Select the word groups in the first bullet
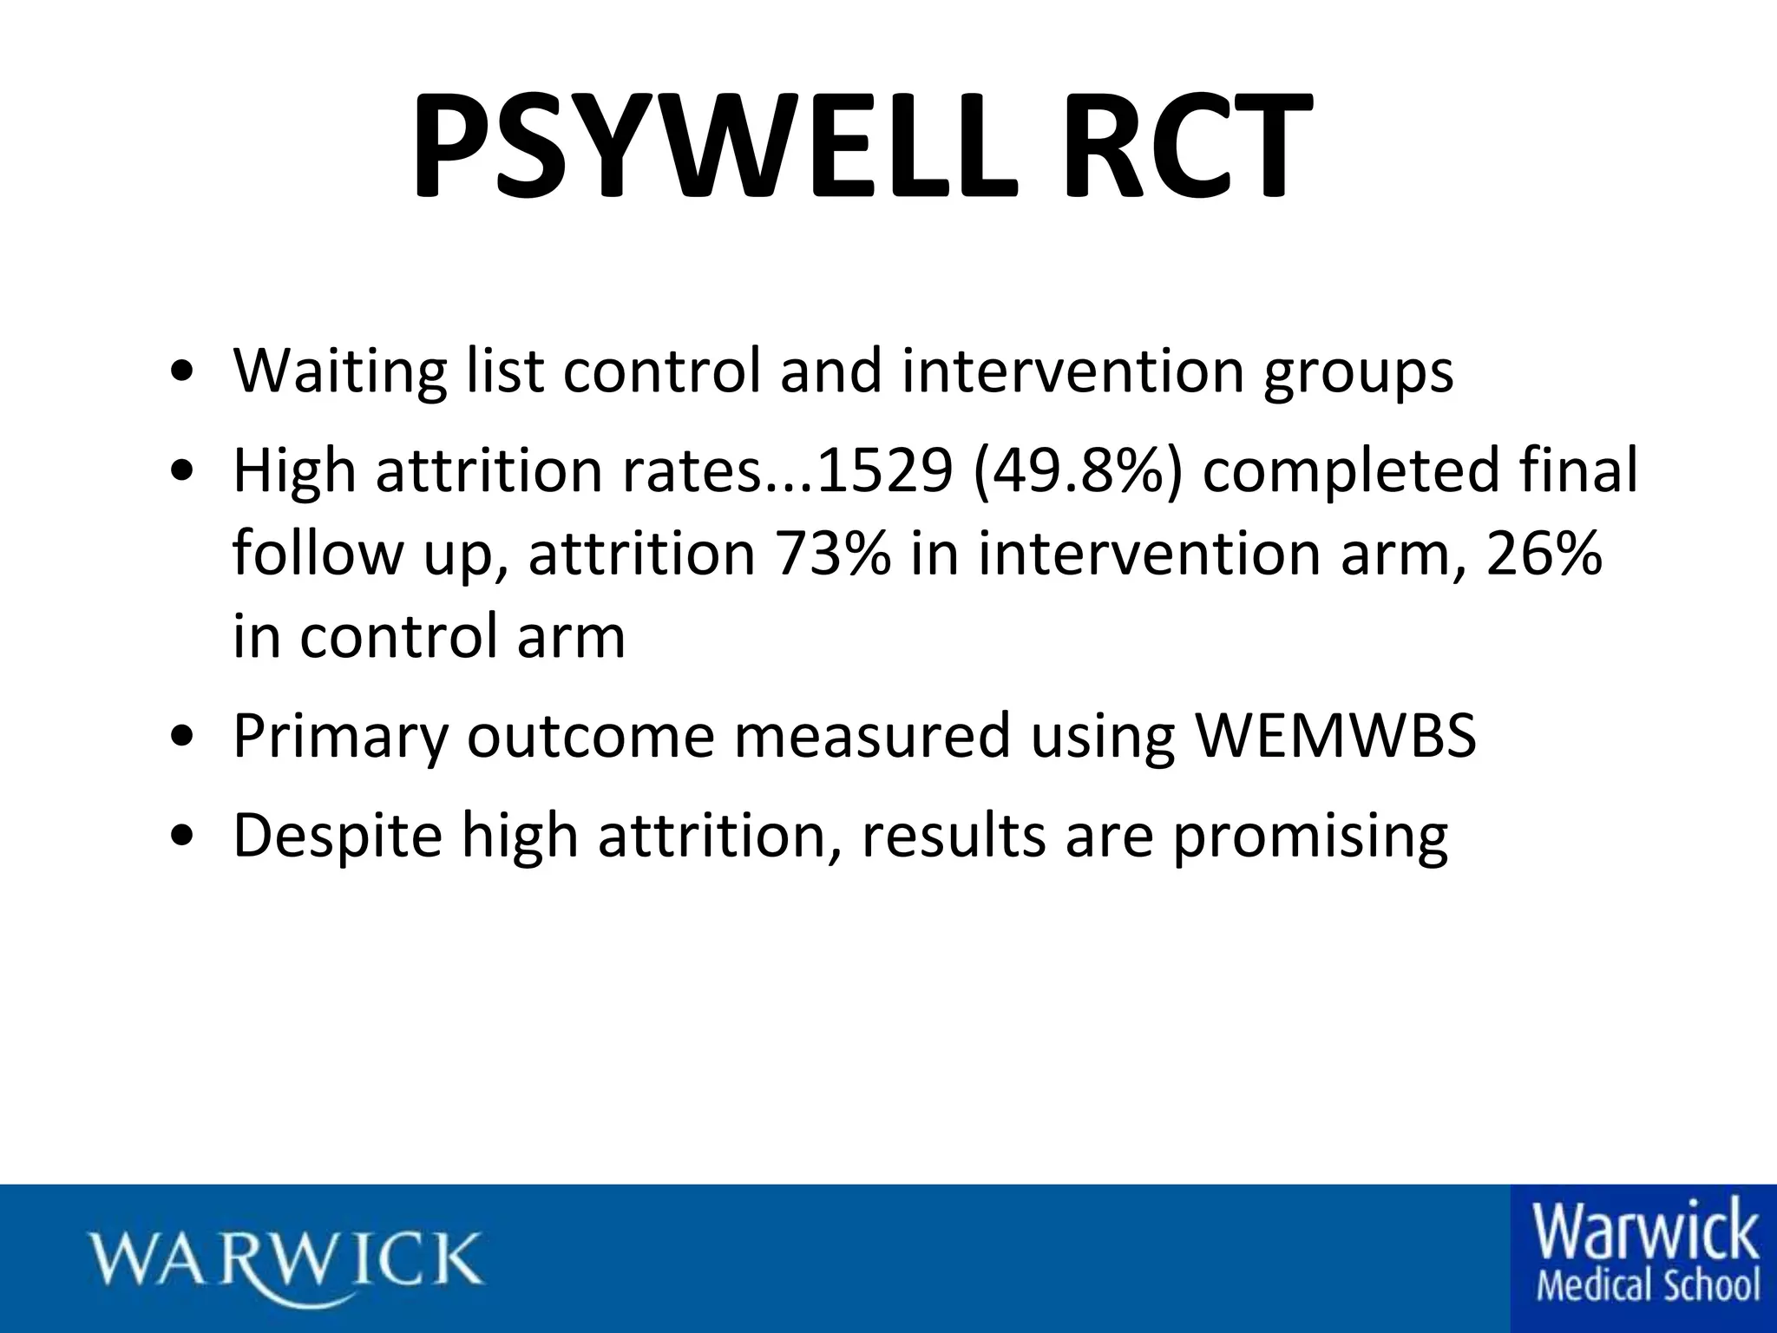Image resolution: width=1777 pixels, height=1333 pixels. pos(1358,371)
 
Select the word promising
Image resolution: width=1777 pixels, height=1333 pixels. pos(1310,836)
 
